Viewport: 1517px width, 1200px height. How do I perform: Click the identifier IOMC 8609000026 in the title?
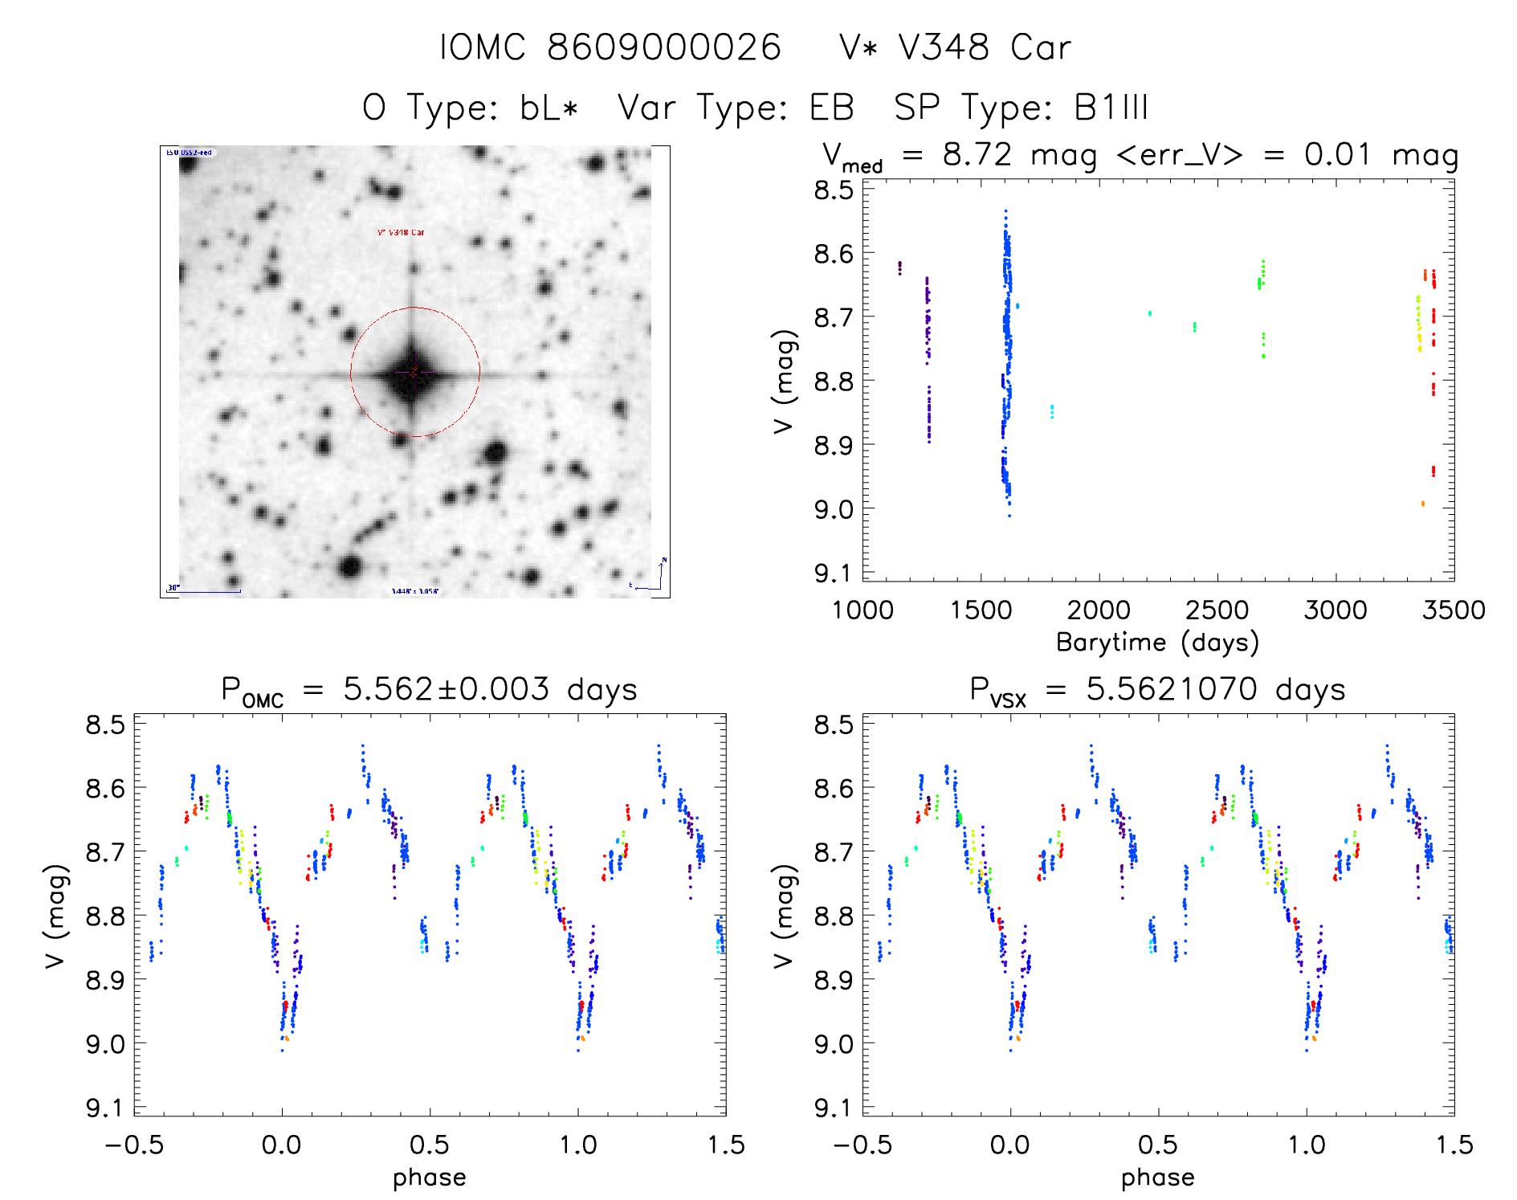(610, 47)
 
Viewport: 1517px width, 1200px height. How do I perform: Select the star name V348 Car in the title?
(985, 47)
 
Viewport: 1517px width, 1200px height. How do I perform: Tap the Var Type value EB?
(832, 108)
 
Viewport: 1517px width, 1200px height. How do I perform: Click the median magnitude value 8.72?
(977, 154)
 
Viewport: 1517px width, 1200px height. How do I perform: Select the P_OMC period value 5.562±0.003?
(447, 689)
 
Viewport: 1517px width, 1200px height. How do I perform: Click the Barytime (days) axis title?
(1157, 643)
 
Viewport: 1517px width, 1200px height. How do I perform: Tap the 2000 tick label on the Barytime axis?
(1099, 610)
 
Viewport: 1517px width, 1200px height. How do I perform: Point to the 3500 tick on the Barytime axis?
(1454, 610)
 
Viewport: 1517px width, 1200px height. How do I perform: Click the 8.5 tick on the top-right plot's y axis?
(833, 191)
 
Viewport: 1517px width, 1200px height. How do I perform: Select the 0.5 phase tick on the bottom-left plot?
(430, 1145)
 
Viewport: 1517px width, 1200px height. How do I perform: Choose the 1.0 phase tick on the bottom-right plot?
(1307, 1145)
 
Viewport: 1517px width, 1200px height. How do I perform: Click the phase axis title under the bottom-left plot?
(429, 1178)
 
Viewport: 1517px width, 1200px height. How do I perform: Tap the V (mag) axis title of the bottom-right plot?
(783, 916)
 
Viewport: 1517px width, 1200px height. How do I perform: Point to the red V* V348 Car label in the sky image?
(401, 232)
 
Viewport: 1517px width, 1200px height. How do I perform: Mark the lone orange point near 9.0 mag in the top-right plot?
(1422, 504)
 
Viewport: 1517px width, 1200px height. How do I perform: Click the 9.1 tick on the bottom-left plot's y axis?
(105, 1109)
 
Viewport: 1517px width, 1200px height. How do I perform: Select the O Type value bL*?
(549, 108)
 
